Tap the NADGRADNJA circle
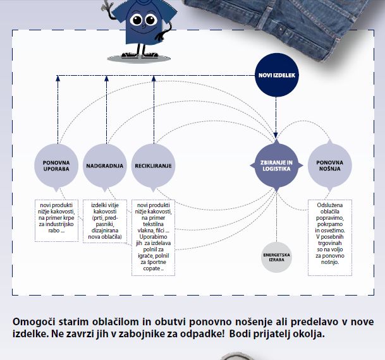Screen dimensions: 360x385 pos(105,166)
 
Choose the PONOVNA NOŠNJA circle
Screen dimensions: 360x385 pos(329,166)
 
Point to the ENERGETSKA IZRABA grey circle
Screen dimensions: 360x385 pos(276,257)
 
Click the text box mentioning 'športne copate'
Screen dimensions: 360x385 pos(154,237)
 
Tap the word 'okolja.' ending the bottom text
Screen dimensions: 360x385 pos(309,333)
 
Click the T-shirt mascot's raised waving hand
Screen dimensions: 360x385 pos(108,7)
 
